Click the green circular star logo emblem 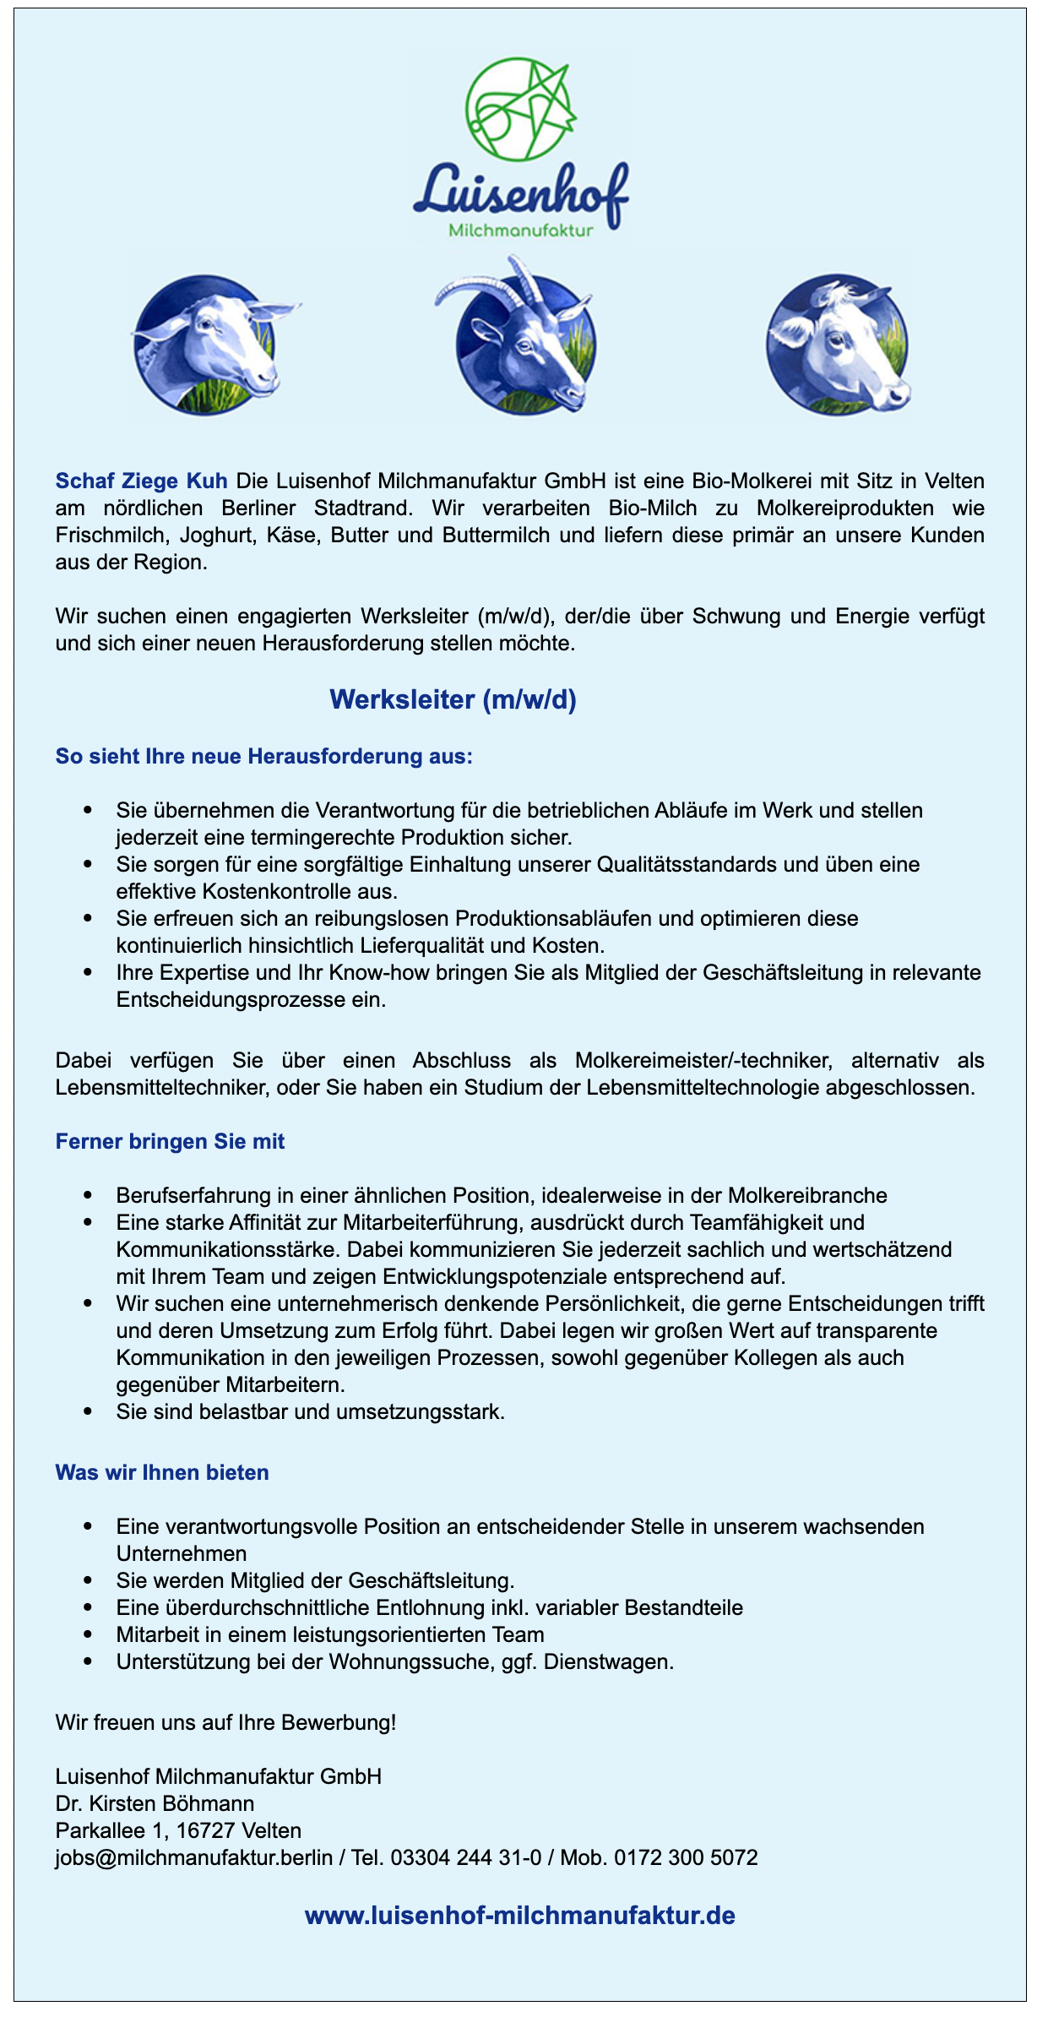[520, 108]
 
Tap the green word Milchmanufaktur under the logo [520, 231]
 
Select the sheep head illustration [209, 345]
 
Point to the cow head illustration [838, 345]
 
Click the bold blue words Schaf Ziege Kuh [141, 481]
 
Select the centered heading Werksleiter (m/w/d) [453, 699]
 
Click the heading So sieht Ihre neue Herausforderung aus [263, 756]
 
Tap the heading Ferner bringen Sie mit [170, 1141]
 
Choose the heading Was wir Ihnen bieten [162, 1472]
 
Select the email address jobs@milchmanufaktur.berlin [193, 1857]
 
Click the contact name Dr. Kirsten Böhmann [155, 1803]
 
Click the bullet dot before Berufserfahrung [88, 1195]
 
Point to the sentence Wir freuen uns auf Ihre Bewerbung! [225, 1722]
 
